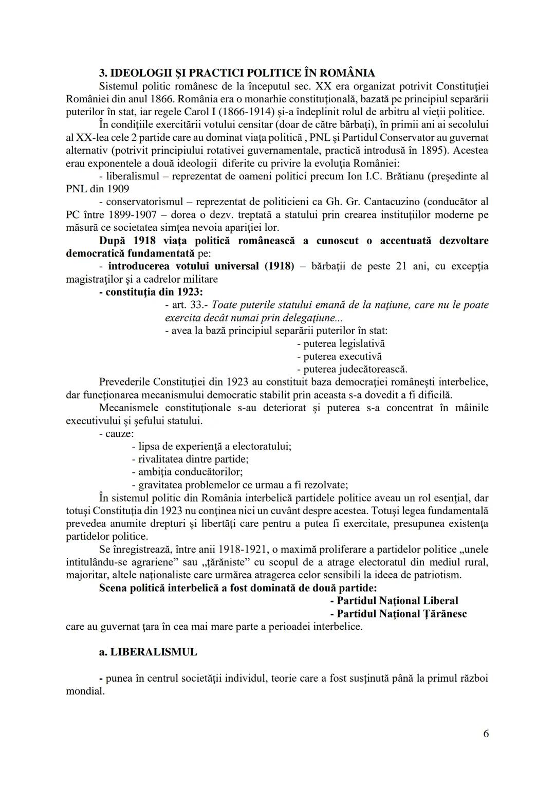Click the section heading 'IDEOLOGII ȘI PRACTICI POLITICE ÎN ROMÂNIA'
pos(237,73)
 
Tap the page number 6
pos(486,733)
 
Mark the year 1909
pos(119,189)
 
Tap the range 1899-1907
pos(128,215)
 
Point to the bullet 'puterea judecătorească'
pos(352,369)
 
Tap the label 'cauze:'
pos(116,433)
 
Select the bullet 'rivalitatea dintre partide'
pos(190,459)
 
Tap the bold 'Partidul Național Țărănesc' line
pos(398,613)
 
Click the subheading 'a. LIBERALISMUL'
pos(148,652)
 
